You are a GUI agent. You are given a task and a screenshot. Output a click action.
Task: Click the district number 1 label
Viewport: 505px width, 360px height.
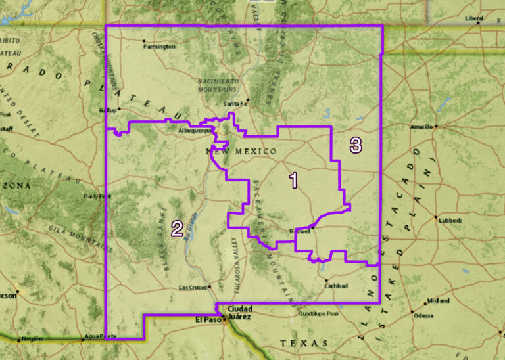click(x=294, y=180)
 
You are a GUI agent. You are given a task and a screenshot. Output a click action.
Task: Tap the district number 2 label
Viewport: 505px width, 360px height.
click(x=177, y=228)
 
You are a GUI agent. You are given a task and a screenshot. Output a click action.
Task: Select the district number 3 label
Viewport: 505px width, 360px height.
click(x=356, y=145)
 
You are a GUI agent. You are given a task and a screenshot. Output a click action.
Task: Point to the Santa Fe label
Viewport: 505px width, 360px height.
click(x=236, y=104)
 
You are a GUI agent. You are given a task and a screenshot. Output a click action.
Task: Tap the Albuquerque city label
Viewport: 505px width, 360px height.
click(x=195, y=131)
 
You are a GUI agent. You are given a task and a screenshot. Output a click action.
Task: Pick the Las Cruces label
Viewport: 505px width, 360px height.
click(x=193, y=288)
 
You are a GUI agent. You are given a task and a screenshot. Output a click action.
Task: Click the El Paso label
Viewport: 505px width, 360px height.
click(x=206, y=319)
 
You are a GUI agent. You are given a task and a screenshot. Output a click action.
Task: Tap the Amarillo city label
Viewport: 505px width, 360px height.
click(x=421, y=126)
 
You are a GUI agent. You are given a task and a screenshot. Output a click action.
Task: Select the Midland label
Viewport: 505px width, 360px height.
click(x=439, y=300)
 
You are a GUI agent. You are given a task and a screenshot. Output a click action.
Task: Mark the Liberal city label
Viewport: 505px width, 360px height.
click(x=474, y=18)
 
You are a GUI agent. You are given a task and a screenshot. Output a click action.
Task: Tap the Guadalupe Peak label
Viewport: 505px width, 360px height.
click(x=318, y=313)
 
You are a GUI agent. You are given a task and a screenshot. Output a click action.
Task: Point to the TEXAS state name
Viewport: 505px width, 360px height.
click(x=303, y=343)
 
